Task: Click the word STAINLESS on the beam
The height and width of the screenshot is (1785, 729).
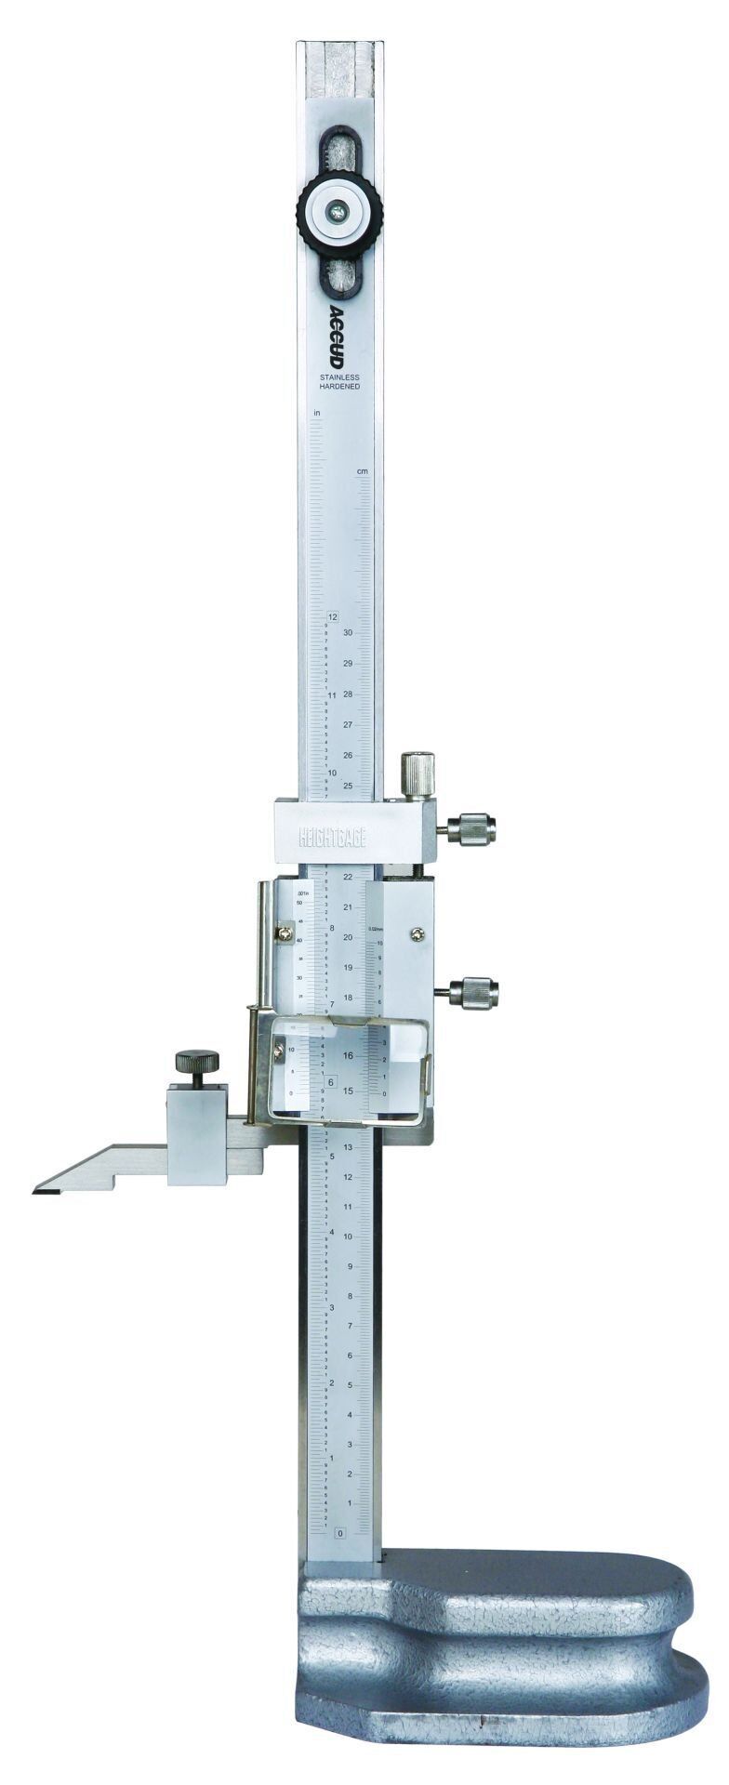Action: tap(340, 377)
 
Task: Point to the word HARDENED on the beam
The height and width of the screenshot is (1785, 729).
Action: tap(340, 386)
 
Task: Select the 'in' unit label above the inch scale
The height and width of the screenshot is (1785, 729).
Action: tap(317, 411)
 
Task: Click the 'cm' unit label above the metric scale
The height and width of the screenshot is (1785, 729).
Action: tap(363, 471)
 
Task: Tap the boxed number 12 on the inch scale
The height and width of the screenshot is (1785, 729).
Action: tap(333, 616)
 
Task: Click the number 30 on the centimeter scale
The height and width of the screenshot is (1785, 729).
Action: tap(348, 632)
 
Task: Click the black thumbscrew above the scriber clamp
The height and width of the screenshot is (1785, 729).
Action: tap(197, 1060)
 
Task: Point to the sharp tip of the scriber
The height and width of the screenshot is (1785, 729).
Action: tap(34, 1190)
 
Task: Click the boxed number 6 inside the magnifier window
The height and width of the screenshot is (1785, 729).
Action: tap(331, 1081)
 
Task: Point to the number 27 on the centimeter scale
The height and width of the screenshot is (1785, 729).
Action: tap(348, 724)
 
